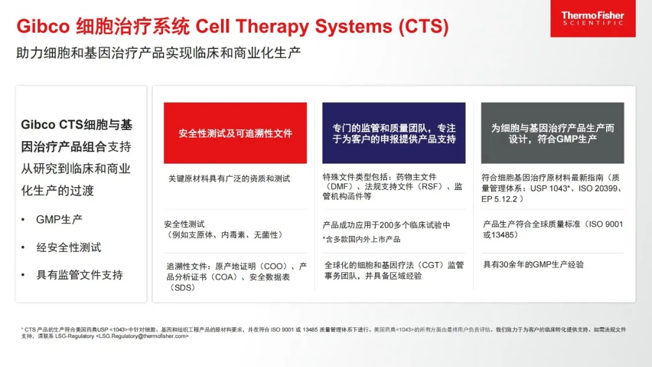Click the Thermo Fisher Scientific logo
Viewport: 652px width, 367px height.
[x=593, y=18]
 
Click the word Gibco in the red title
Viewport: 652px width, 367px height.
[x=43, y=26]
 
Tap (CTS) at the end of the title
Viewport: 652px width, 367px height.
[x=424, y=26]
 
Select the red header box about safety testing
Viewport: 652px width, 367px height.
[x=235, y=133]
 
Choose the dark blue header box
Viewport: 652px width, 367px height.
[x=394, y=133]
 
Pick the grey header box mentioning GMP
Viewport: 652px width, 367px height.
[x=552, y=133]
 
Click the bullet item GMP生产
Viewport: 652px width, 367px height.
[x=59, y=220]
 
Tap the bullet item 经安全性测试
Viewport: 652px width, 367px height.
[x=69, y=247]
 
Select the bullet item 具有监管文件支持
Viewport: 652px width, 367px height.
[x=80, y=275]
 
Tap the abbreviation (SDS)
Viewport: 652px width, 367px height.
[x=181, y=287]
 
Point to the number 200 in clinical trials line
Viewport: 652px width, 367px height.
[x=387, y=225]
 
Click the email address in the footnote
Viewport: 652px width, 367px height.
[x=142, y=336]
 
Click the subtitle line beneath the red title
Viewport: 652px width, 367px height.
[x=158, y=53]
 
